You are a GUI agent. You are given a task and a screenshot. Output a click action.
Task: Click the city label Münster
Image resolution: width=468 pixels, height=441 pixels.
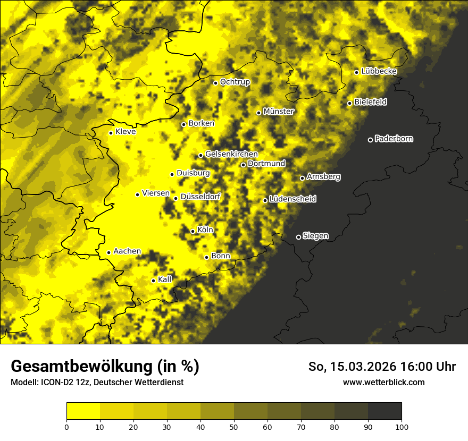click(278, 112)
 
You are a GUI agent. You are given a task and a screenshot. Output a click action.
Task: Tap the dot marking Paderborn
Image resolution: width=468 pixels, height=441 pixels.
click(370, 140)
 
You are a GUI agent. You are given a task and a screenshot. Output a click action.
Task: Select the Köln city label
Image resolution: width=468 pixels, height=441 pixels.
click(205, 230)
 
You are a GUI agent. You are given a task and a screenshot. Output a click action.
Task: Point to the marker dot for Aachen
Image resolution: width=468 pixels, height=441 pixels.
click(108, 252)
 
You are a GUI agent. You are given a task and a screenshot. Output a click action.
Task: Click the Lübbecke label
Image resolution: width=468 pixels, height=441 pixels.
click(379, 71)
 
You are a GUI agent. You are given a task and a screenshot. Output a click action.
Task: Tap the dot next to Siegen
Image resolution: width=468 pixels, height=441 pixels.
click(298, 237)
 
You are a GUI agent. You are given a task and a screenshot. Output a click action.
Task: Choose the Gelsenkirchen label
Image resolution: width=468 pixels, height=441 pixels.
click(231, 154)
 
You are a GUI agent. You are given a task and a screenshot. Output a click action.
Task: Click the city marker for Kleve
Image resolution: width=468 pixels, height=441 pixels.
click(111, 133)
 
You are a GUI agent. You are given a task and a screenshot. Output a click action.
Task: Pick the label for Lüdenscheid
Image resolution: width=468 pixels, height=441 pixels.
click(292, 199)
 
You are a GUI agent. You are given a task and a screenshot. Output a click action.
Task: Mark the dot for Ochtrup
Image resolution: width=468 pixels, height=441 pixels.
click(215, 83)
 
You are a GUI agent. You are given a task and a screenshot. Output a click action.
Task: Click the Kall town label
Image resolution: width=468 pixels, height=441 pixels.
click(165, 279)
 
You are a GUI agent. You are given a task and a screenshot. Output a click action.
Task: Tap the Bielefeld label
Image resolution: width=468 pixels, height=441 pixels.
click(370, 101)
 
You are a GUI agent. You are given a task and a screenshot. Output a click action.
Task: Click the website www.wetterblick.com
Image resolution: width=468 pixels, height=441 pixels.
click(383, 382)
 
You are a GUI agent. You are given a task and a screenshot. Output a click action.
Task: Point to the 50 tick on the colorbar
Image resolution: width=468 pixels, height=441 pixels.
click(234, 426)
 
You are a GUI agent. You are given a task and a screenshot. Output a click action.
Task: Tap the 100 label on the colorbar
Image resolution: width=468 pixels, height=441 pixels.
click(402, 426)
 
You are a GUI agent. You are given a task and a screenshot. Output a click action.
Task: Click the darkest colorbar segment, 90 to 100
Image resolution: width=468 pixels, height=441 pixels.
click(385, 411)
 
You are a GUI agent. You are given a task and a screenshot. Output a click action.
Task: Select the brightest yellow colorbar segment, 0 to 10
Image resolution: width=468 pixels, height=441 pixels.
click(83, 411)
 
